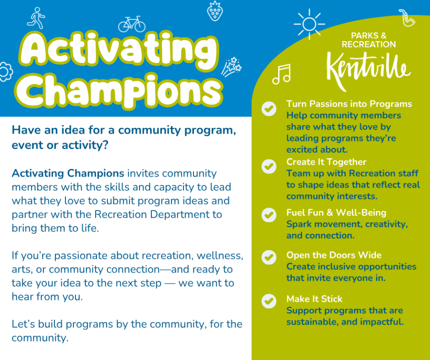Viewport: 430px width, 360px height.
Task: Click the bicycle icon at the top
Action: [131, 23]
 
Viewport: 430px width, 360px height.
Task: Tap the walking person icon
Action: [36, 18]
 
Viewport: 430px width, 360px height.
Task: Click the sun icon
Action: [309, 24]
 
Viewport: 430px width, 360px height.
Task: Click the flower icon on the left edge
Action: [5, 71]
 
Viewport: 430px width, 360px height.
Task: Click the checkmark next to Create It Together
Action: [269, 166]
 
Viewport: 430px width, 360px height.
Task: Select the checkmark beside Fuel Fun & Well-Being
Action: [269, 215]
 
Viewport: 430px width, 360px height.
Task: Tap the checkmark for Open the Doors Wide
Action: [269, 257]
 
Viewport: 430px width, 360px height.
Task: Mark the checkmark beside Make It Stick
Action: [269, 301]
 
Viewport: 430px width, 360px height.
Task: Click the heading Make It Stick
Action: [314, 299]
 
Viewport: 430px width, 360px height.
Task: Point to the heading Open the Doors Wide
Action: [333, 255]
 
